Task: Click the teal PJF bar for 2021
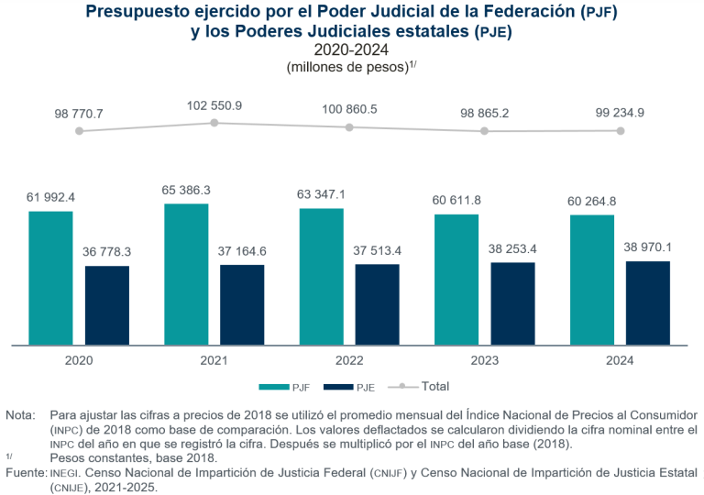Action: tap(186, 274)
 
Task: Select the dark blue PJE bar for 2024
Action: tap(648, 302)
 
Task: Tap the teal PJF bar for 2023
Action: tap(456, 280)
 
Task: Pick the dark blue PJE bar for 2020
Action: tap(107, 305)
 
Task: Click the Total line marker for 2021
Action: tap(214, 123)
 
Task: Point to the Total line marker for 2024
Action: tap(621, 131)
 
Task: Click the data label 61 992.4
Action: tap(50, 197)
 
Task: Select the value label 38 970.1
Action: tap(648, 247)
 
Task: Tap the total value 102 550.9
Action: tap(214, 105)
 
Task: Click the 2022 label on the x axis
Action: tap(349, 360)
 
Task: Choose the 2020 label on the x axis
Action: tap(79, 360)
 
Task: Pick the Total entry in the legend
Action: tap(425, 386)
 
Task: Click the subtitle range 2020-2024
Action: tap(351, 49)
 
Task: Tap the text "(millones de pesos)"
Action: tap(346, 67)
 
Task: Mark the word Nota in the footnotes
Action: tap(18, 415)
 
